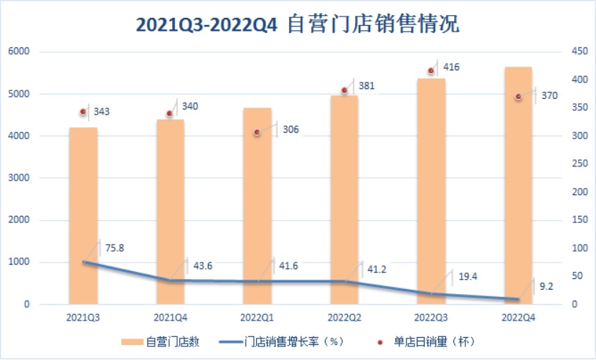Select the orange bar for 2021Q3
[x=83, y=215]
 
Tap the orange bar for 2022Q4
[x=518, y=186]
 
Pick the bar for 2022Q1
[x=257, y=208]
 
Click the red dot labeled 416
[x=431, y=70]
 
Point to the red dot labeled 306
[x=257, y=133]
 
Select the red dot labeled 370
[x=518, y=97]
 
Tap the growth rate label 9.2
[x=547, y=286]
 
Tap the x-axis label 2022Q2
[x=344, y=317]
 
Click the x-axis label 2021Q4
[x=170, y=317]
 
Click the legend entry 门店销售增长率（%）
[x=285, y=340]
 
